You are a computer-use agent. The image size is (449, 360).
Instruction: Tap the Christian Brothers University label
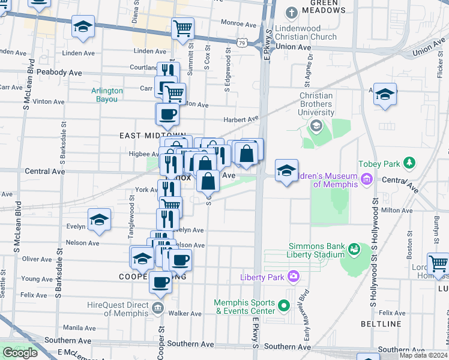click(x=316, y=104)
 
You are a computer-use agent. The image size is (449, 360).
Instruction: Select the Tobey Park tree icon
click(x=409, y=163)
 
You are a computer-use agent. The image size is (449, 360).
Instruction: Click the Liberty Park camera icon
click(x=294, y=277)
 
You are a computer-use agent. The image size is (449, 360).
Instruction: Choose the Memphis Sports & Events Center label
click(x=246, y=307)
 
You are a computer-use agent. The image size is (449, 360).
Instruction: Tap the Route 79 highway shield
click(x=241, y=43)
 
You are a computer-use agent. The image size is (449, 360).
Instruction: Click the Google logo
click(x=20, y=353)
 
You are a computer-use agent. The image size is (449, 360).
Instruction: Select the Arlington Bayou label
click(x=107, y=95)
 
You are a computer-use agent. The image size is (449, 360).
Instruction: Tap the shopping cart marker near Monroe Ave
click(x=182, y=28)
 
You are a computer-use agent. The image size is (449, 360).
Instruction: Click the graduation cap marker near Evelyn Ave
click(x=99, y=220)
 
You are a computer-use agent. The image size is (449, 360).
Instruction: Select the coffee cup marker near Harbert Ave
click(x=167, y=113)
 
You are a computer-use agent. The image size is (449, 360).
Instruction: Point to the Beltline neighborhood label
click(x=381, y=324)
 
